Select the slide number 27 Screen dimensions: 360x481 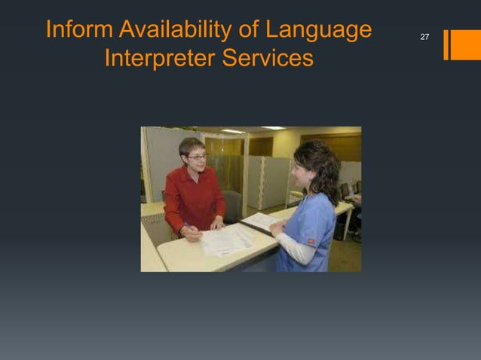pyautogui.click(x=424, y=37)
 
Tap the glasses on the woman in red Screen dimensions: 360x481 pyautogui.click(x=197, y=157)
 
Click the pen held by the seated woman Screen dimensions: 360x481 pyautogui.click(x=186, y=226)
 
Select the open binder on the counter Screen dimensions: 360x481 pyautogui.click(x=260, y=221)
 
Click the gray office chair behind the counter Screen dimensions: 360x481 pyautogui.click(x=233, y=203)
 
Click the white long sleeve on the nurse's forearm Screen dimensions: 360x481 pyautogui.click(x=296, y=249)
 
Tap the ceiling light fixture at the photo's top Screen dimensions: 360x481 pyautogui.click(x=234, y=131)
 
